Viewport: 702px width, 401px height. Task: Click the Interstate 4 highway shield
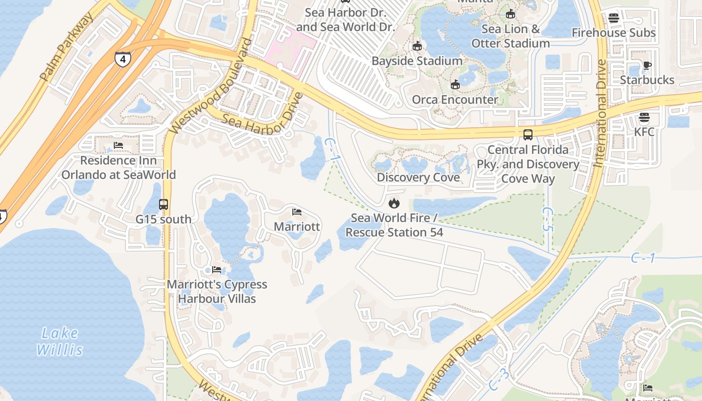(x=122, y=59)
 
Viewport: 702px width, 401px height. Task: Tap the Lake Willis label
(x=59, y=341)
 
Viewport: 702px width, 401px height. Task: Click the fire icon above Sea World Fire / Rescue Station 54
(x=394, y=203)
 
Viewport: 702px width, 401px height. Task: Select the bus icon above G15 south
(x=163, y=205)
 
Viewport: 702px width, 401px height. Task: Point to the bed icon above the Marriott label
(x=297, y=212)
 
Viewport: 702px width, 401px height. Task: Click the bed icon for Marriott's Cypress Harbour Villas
(x=217, y=270)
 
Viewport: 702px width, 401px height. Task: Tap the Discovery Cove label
(x=418, y=177)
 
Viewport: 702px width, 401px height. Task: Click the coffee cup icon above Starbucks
(x=647, y=65)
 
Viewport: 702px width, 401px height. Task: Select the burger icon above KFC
(x=644, y=118)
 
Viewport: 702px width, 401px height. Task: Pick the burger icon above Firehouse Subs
(x=614, y=19)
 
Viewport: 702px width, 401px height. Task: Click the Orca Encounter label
(x=455, y=99)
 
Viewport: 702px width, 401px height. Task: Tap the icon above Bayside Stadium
(x=417, y=47)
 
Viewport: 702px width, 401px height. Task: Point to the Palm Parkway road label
(x=66, y=47)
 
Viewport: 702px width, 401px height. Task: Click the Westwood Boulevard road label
(x=211, y=86)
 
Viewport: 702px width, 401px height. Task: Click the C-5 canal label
(x=548, y=219)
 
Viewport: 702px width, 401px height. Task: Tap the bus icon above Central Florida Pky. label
(x=528, y=135)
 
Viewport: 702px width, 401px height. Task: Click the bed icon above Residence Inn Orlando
(x=118, y=146)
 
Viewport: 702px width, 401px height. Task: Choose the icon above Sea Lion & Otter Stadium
(x=510, y=14)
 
